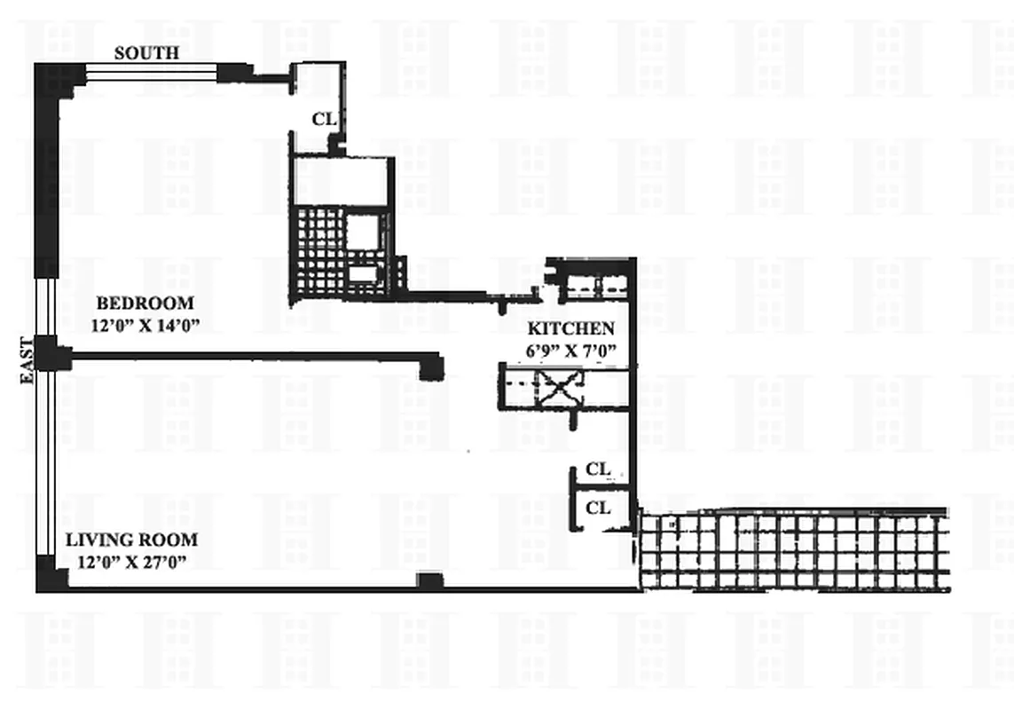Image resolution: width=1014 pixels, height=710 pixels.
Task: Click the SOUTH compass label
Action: coord(146,53)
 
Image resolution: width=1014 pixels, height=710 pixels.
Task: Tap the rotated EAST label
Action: coord(27,360)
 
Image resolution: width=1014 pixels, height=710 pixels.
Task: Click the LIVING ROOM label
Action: coord(132,540)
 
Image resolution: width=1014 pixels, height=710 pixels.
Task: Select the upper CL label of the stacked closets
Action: coord(599,469)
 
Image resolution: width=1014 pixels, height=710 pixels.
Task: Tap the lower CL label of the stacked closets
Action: coord(599,508)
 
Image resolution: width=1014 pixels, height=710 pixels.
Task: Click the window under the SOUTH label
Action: coord(151,72)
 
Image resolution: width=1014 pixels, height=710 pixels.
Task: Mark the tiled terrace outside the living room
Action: coord(794,550)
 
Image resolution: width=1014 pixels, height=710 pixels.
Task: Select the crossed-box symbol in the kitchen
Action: coord(561,388)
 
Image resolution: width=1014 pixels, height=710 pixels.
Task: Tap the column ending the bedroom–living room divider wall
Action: coord(431,366)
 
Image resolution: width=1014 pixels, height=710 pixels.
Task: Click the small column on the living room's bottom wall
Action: coord(430,581)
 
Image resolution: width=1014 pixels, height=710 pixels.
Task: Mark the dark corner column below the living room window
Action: coord(51,574)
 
